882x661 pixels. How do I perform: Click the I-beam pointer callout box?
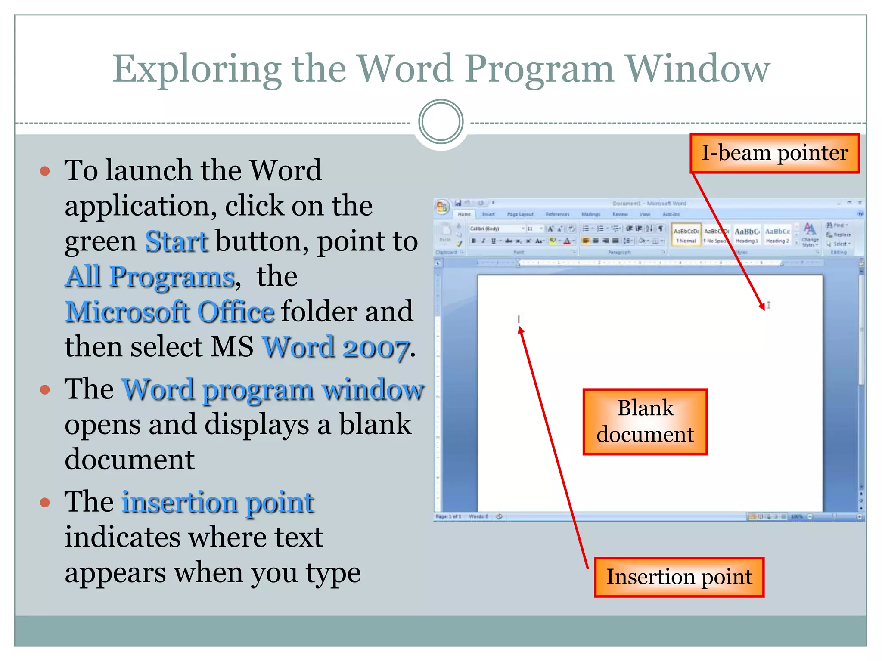[x=774, y=154]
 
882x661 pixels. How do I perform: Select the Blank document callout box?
[x=645, y=421]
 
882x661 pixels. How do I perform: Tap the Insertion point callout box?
[x=679, y=577]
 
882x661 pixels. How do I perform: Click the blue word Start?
[x=177, y=241]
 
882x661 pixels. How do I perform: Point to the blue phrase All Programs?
[x=150, y=277]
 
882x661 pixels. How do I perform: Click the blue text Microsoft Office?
[x=170, y=312]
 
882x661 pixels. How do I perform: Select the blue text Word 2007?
[x=335, y=347]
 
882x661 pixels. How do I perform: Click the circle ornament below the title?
[x=441, y=122]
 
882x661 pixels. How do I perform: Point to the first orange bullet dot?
[x=45, y=171]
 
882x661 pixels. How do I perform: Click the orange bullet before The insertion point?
[x=45, y=502]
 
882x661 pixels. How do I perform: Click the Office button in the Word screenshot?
[x=442, y=207]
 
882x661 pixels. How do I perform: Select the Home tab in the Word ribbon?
[x=464, y=214]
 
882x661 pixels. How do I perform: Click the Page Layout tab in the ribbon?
[x=520, y=214]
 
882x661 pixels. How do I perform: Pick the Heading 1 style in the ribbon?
[x=746, y=235]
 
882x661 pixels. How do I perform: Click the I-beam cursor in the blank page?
[x=768, y=305]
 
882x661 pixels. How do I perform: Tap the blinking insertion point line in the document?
[x=519, y=319]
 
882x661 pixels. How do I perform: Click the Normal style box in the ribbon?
[x=686, y=235]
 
